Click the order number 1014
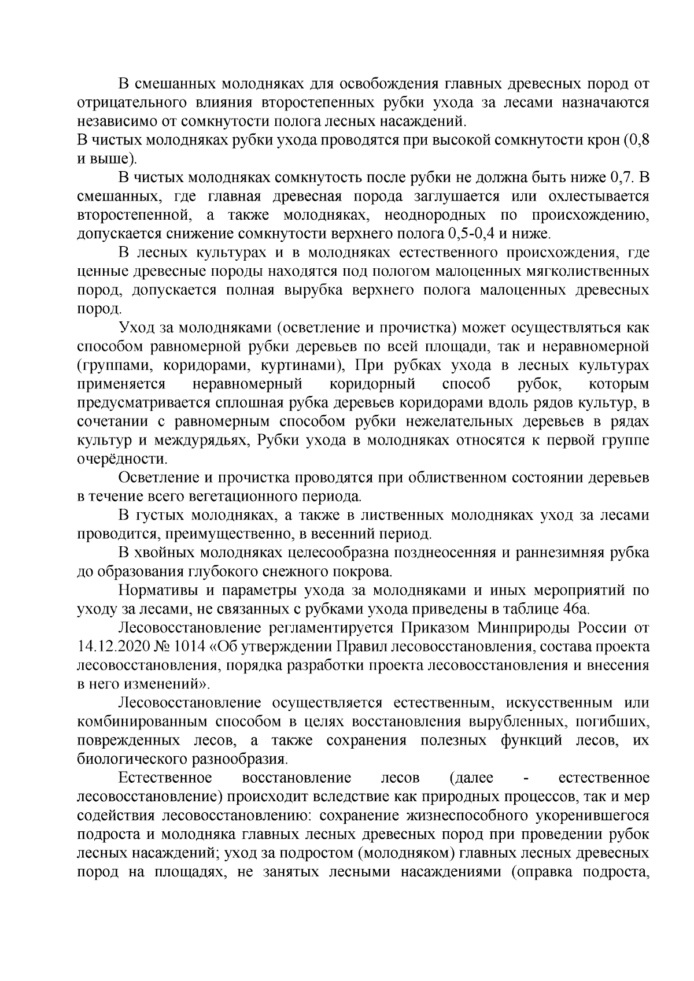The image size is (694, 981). (189, 646)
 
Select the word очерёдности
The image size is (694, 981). (122, 460)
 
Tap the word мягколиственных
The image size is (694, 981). (586, 271)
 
